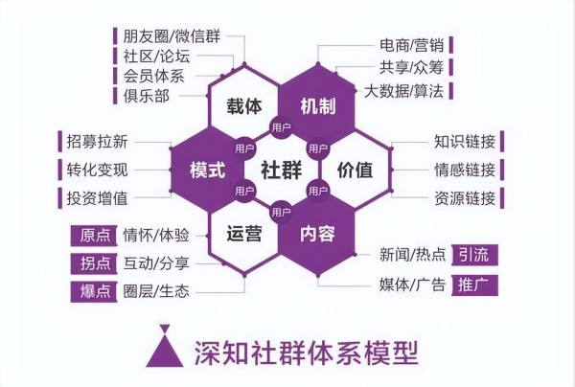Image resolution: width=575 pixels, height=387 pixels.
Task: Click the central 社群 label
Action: coord(281,171)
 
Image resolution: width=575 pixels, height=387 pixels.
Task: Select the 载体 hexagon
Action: coord(244,106)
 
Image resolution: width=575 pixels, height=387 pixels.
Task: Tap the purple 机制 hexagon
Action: coord(318,106)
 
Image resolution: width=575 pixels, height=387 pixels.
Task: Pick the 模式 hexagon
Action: coord(208,171)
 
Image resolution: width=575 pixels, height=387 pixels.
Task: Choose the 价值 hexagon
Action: coord(355,171)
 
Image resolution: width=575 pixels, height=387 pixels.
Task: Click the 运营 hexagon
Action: coord(244,234)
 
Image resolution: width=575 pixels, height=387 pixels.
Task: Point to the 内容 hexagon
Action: coord(318,234)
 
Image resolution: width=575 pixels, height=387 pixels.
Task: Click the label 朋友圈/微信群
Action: coord(172,36)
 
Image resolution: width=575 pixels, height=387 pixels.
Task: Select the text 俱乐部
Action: coord(146,96)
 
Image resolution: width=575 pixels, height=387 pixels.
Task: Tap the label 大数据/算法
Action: coord(403,91)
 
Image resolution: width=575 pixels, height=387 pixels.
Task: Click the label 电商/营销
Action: coord(412,45)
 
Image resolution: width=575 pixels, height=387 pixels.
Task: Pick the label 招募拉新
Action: coord(97,142)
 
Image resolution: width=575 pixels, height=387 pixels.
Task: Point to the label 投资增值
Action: coord(97,198)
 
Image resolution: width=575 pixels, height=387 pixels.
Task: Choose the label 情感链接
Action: coord(465,171)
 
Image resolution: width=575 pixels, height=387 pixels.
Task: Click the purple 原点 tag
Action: coord(94,236)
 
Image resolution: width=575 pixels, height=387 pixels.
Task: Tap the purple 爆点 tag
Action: coord(94,292)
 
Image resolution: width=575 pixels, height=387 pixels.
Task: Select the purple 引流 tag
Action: coord(474,255)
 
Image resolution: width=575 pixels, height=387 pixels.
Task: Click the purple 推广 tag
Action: coord(474,285)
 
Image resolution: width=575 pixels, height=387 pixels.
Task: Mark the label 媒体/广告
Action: coord(412,285)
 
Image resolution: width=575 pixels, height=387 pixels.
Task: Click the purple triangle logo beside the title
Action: coord(165,348)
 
